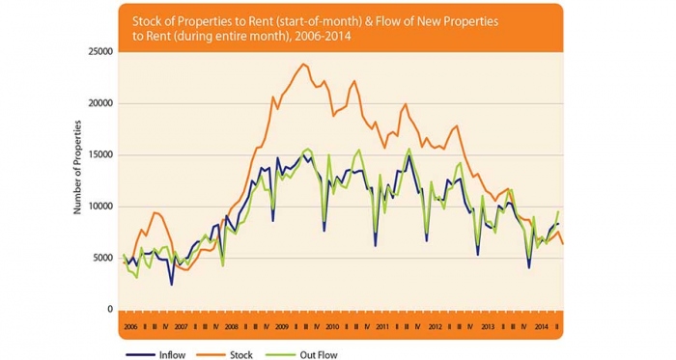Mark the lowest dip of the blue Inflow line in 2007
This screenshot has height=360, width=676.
[x=172, y=285]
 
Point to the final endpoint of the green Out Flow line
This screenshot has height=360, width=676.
[x=558, y=211]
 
